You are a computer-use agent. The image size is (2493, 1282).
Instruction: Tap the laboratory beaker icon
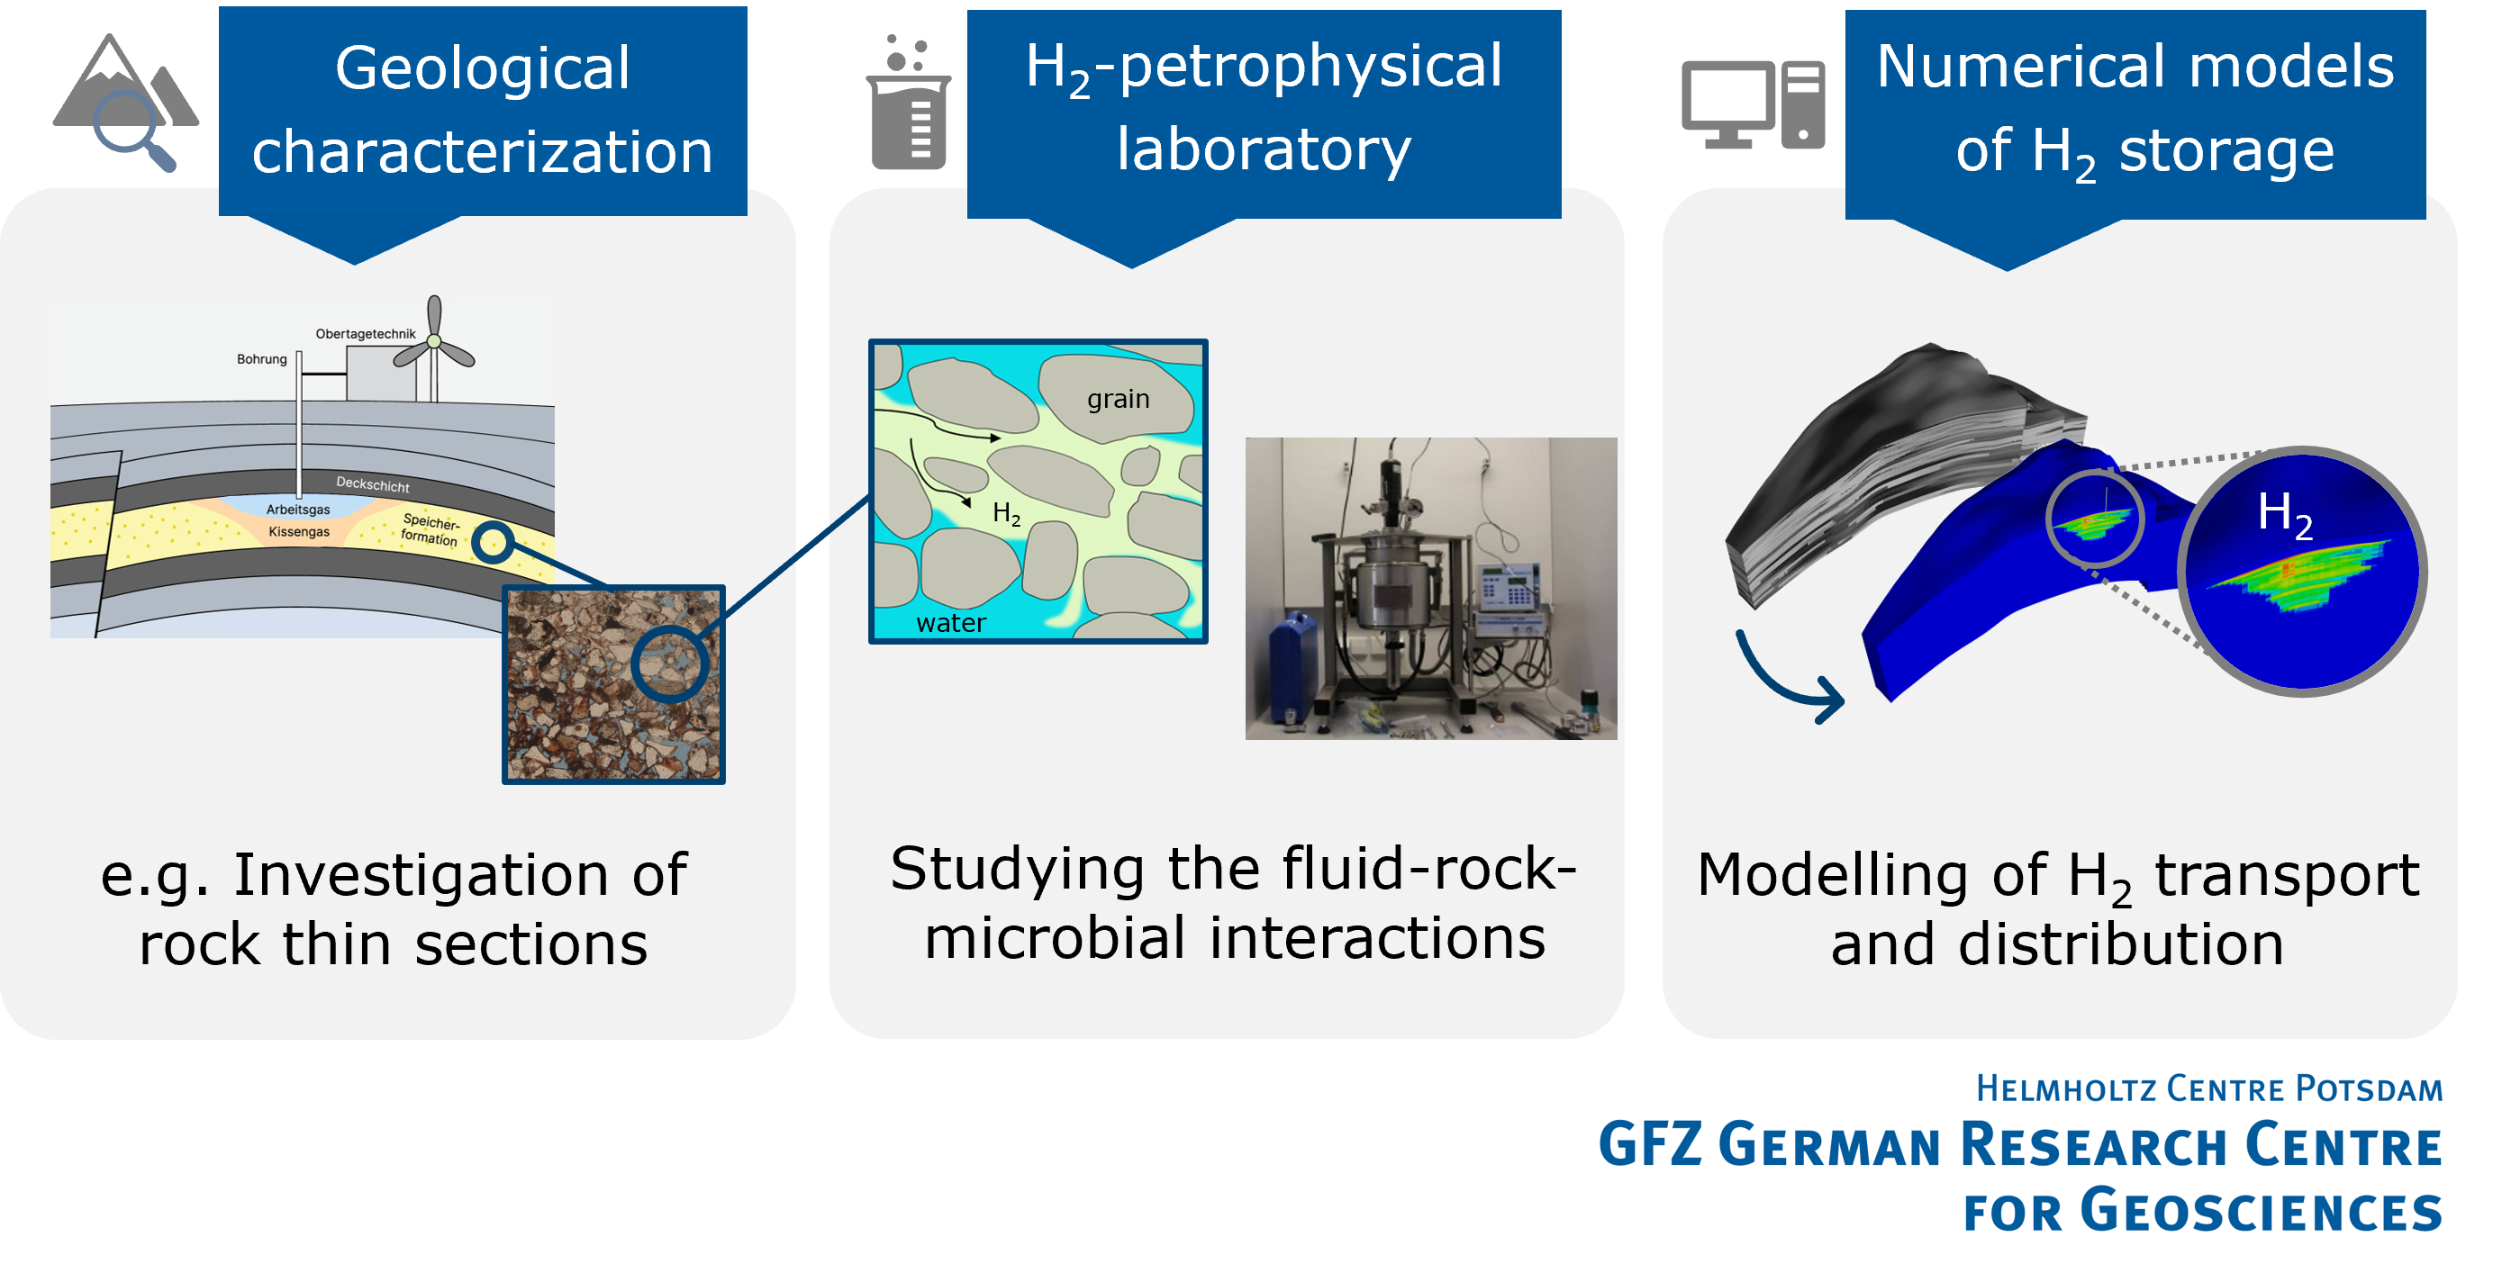click(908, 106)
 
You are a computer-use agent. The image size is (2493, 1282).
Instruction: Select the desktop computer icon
click(1752, 104)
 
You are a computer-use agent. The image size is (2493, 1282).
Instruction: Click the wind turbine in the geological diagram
click(434, 344)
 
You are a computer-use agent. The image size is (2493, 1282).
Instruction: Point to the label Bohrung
click(261, 359)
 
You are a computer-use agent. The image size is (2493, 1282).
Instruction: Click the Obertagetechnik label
click(365, 334)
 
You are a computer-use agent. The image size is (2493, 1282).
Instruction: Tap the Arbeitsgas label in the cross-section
click(298, 509)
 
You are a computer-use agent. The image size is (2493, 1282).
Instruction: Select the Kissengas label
click(299, 531)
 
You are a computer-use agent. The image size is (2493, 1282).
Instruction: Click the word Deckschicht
click(373, 484)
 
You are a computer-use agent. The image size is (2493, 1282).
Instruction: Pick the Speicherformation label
click(430, 529)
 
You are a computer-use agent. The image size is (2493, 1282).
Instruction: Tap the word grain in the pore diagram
click(1118, 399)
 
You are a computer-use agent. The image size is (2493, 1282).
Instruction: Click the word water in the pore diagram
click(950, 623)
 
